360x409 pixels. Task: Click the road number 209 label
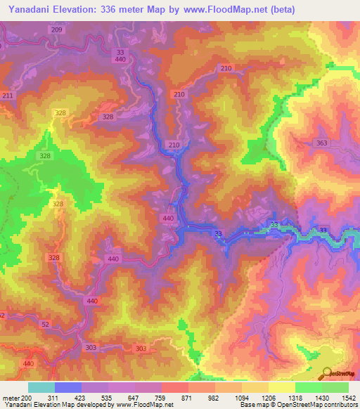(57, 30)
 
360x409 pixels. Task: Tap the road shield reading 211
(8, 96)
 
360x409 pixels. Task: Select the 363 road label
(322, 143)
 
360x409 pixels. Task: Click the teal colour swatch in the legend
(41, 387)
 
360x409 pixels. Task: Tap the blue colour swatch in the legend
(68, 387)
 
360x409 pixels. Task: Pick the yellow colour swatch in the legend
(282, 387)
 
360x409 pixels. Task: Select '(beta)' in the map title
(281, 9)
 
